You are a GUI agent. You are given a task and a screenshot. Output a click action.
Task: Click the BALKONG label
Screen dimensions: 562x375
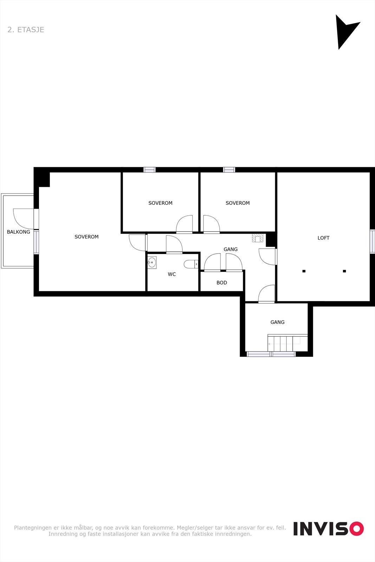pos(19,232)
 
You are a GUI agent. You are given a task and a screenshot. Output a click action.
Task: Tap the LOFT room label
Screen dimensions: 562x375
pos(323,238)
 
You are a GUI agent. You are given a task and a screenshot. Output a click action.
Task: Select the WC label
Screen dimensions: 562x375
pos(172,274)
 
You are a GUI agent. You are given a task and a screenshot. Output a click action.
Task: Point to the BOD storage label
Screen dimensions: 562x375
pos(221,283)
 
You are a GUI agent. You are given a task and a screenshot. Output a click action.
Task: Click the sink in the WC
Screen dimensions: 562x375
pos(152,262)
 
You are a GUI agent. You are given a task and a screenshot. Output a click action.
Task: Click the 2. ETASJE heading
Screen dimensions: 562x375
pos(26,30)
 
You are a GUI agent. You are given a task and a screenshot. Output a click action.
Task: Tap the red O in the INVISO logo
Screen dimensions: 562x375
pos(356,529)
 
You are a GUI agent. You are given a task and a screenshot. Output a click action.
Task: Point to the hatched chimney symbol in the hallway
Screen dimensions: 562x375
pos(258,238)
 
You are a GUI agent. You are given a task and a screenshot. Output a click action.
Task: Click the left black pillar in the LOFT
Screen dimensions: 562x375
pos(304,271)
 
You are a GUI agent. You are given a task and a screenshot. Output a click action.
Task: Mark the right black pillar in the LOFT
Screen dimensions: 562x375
pos(344,271)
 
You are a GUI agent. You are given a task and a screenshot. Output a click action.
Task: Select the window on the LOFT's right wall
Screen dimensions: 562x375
pos(372,241)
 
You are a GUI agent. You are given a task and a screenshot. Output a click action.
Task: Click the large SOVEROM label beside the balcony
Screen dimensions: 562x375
pos(86,237)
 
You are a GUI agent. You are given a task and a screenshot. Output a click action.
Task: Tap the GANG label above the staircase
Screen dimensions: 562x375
pos(277,322)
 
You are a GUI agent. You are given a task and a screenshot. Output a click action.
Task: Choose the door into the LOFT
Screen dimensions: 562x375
pos(268,256)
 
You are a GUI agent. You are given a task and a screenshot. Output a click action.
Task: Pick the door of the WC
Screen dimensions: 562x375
pos(174,244)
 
